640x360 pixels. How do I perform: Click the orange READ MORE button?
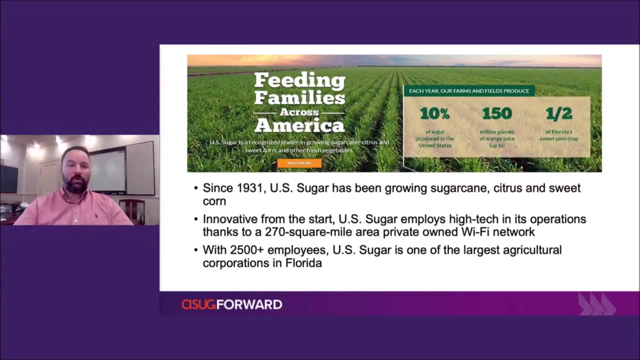[299, 163]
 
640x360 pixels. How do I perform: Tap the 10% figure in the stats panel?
[434, 113]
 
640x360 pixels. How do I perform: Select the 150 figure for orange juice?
[497, 113]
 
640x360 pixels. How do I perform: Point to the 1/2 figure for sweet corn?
[559, 113]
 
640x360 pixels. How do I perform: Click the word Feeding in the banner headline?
[299, 80]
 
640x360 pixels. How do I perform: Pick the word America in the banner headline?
[299, 125]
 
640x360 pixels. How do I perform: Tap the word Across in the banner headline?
[299, 112]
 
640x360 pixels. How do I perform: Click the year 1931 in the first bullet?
[250, 188]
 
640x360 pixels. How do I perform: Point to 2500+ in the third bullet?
[247, 250]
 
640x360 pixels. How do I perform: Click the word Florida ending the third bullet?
[303, 263]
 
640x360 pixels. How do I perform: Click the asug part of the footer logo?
[198, 304]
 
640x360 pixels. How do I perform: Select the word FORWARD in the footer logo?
[249, 304]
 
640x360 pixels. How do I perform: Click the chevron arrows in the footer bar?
[597, 303]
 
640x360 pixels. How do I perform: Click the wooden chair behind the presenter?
[132, 211]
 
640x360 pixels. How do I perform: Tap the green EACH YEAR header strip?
[469, 91]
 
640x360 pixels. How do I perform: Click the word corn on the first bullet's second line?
[214, 201]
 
